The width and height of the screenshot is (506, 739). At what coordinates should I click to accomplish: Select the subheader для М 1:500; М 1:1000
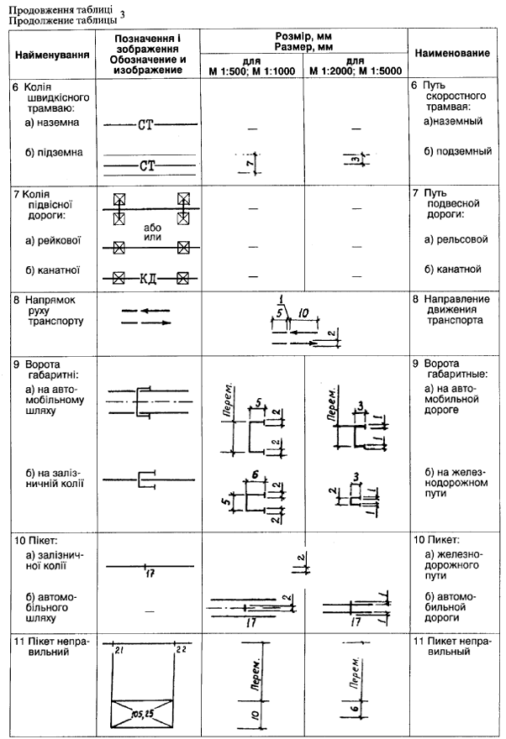pyautogui.click(x=250, y=66)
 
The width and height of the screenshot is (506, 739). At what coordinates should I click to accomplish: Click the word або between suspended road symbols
pyautogui.click(x=151, y=226)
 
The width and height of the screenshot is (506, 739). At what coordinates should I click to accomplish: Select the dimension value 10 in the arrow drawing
pyautogui.click(x=303, y=313)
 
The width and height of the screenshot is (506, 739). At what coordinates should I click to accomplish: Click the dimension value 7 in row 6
pyautogui.click(x=250, y=160)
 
